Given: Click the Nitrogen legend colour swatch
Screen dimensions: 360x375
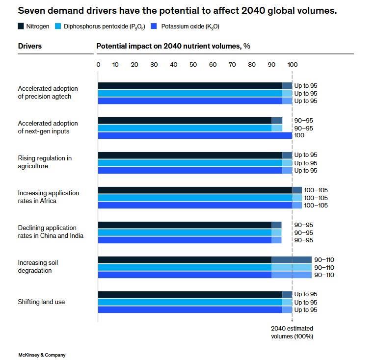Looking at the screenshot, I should coord(21,26).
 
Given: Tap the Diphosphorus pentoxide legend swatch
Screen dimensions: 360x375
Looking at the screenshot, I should coord(57,26).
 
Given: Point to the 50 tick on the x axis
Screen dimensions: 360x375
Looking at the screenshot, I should coord(193,65).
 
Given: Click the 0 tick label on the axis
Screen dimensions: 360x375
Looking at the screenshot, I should coord(98,65).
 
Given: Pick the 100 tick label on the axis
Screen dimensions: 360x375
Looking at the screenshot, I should coord(292,65).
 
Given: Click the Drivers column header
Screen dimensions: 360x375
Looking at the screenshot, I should coord(30,46).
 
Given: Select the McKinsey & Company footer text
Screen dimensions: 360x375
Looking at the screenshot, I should coord(42,355).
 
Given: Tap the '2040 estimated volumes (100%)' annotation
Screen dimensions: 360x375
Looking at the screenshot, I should coord(292,332).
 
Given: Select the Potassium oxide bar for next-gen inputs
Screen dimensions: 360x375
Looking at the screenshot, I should coord(195,135).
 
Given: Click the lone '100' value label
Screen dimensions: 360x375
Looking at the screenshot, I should coord(299,136).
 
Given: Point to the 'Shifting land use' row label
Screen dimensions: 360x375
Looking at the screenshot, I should coord(41,302).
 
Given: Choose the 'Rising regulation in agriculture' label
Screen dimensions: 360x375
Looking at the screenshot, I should coord(45,162).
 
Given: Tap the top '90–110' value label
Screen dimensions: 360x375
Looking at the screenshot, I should coord(324,260).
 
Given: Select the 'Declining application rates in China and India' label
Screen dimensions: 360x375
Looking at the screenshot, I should coord(51,232).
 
